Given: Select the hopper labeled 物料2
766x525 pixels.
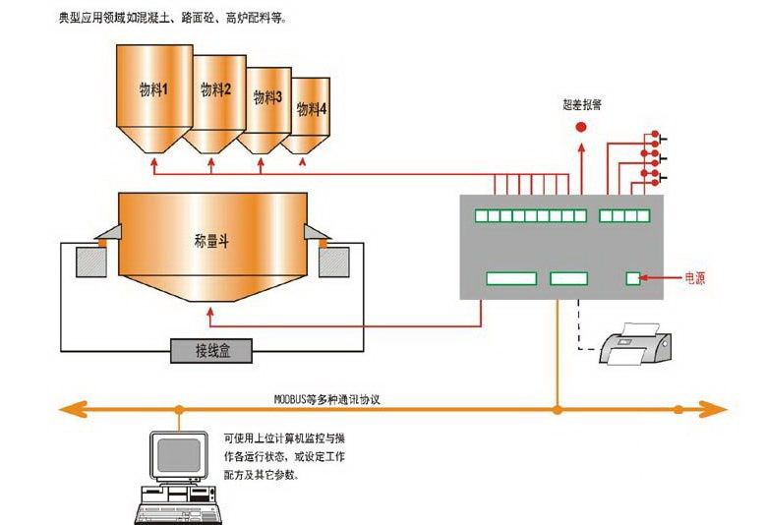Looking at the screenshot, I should tap(216, 98).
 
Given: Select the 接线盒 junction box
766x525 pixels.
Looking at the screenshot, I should tap(211, 350).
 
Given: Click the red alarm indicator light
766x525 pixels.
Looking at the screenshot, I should tap(580, 127).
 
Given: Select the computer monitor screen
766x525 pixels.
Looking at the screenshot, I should tap(180, 454).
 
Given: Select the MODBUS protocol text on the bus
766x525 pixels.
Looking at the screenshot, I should tap(326, 399).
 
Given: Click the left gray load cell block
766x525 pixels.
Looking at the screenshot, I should tap(95, 261).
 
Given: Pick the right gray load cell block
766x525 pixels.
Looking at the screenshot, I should tap(332, 261).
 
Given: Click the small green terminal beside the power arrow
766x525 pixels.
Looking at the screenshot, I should tap(633, 279).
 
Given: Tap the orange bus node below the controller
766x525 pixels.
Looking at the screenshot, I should tap(558, 408).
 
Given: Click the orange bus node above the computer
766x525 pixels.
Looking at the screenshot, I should tap(179, 408).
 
